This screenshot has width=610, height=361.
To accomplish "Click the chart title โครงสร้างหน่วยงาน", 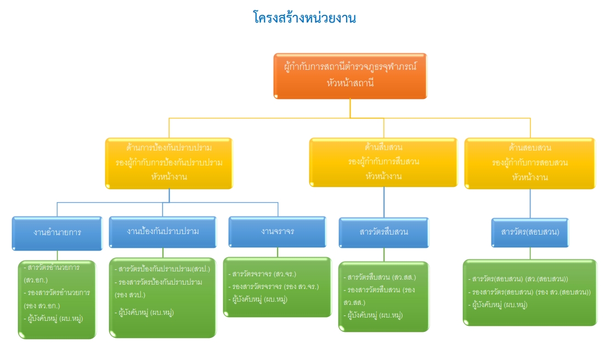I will tap(305, 18).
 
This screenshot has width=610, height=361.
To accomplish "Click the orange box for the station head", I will tap(350, 76).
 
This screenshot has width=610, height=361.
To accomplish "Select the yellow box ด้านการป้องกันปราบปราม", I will tap(169, 163).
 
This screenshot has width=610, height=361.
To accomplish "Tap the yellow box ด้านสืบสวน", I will tap(383, 162).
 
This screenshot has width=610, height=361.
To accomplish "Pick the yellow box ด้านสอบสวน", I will tap(530, 163).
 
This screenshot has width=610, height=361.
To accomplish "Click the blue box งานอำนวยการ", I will tap(57, 232).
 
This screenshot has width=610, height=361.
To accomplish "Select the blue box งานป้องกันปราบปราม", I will tap(163, 231).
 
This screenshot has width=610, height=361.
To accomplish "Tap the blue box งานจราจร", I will tap(278, 231).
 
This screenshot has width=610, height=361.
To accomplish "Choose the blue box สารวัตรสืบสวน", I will tap(383, 232).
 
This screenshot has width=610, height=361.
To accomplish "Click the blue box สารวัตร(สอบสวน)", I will tap(530, 232).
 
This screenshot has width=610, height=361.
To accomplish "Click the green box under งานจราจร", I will tap(278, 286).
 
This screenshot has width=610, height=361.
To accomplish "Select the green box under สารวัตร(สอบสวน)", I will tap(530, 292).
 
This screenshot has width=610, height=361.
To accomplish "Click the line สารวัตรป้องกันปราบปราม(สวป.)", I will tap(164, 269).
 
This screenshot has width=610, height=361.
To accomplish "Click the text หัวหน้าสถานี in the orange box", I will tap(350, 84).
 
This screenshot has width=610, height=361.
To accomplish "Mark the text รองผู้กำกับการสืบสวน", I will tap(383, 162).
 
